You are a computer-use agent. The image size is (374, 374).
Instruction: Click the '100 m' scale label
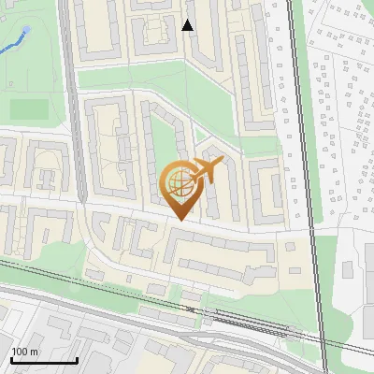(24, 352)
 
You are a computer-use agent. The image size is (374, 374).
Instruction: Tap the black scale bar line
(43, 361)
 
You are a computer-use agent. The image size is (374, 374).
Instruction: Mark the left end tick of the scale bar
(11, 359)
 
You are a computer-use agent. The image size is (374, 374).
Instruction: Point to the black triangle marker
(188, 25)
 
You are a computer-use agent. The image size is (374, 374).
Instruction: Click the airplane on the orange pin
(207, 171)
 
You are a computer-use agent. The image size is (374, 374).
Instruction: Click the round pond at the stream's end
(26, 30)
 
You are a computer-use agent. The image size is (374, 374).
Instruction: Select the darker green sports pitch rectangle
(30, 108)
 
